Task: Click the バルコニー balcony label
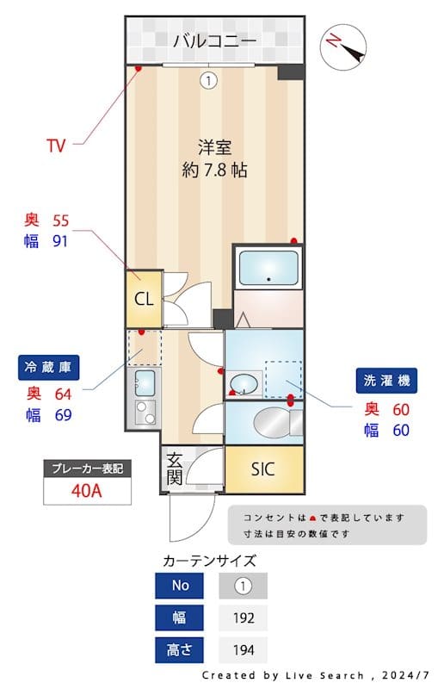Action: click(214, 40)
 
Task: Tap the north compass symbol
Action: click(343, 47)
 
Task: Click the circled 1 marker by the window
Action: click(208, 80)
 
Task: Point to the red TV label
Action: click(56, 146)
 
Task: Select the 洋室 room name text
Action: click(214, 147)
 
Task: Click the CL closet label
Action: click(144, 299)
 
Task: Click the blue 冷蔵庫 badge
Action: click(48, 368)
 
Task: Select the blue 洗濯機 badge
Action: click(386, 380)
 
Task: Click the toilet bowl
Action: click(272, 423)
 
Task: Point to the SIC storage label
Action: click(263, 469)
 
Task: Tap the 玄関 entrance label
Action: click(174, 469)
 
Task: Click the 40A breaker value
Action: click(87, 491)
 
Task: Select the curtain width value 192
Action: click(244, 618)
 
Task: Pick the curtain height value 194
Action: click(244, 650)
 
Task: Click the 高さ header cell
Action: click(180, 650)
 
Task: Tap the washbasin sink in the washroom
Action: click(244, 383)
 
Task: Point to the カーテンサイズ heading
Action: click(209, 561)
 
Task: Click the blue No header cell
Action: click(180, 586)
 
